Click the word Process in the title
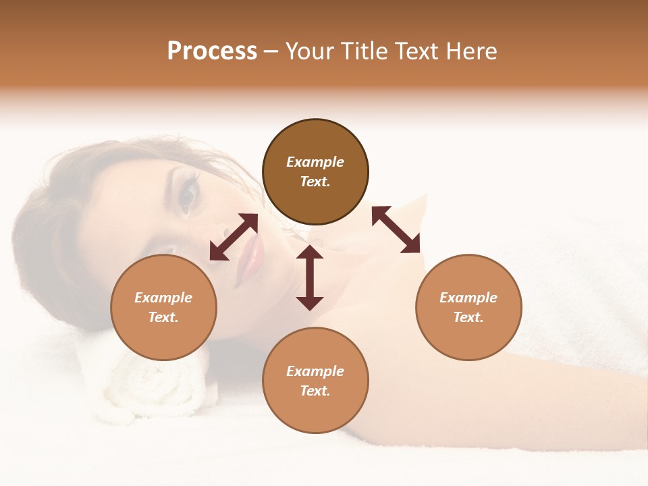212,51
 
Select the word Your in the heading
308,51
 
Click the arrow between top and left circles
234,237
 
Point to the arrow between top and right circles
396,230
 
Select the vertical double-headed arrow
310,277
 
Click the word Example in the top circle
315,162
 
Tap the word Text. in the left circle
163,317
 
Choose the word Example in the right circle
468,298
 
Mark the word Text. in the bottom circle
315,391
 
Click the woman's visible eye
187,194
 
